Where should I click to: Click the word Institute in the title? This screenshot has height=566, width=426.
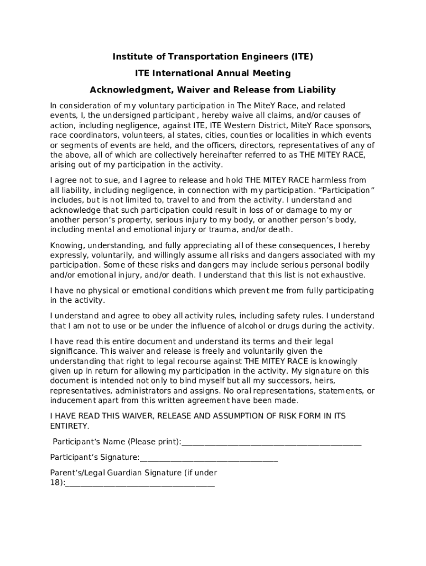[x=131, y=56]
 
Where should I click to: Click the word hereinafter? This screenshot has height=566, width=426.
[x=234, y=155]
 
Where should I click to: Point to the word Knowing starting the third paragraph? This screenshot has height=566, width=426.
[x=65, y=245]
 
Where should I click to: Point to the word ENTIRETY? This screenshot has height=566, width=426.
[x=68, y=426]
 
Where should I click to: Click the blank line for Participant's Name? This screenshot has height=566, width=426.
[x=271, y=442]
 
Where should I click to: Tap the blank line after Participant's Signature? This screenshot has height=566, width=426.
[x=209, y=458]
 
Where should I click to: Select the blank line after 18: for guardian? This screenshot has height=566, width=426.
[x=140, y=483]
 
